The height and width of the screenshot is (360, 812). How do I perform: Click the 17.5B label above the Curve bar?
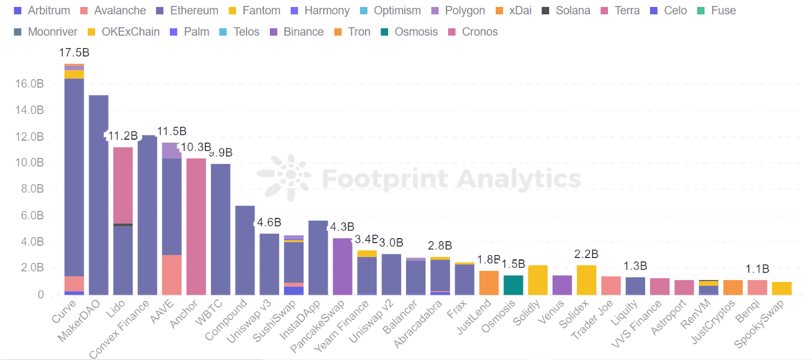[x=74, y=52]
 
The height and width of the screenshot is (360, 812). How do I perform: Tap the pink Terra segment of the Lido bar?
[x=123, y=185]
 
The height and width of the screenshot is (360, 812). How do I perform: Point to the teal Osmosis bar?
[x=513, y=285]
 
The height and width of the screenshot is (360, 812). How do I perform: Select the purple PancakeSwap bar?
[x=343, y=267]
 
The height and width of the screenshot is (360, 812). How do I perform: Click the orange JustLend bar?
[x=489, y=283]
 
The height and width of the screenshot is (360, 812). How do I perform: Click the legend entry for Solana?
[x=566, y=11]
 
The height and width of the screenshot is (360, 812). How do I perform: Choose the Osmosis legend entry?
[x=410, y=32]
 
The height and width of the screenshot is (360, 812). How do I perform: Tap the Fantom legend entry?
[x=255, y=11]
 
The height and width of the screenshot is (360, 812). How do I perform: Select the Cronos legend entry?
[x=473, y=32]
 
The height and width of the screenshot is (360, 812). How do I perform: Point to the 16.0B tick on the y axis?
[x=29, y=84]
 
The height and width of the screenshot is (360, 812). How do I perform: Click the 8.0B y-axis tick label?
[x=32, y=189]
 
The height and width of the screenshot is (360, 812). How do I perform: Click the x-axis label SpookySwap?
[x=760, y=323]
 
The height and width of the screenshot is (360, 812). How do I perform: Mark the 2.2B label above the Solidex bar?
[x=586, y=254]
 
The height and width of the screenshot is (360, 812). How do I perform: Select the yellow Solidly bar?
[x=537, y=280]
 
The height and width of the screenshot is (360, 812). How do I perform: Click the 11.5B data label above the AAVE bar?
[x=172, y=132]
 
